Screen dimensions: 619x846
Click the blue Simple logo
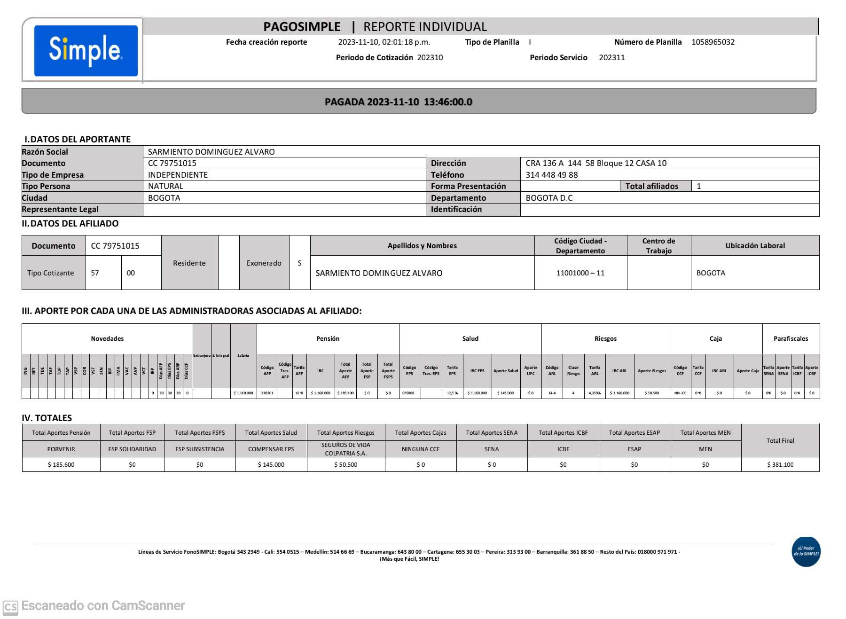click(86, 50)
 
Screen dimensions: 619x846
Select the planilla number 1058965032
click(713, 42)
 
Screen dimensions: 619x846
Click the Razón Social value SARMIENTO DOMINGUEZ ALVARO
click(211, 152)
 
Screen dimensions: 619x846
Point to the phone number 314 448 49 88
click(551, 175)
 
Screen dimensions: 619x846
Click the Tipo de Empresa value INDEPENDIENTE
click(178, 175)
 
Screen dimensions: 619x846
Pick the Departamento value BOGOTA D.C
click(548, 198)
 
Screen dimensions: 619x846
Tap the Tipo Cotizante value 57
click(95, 273)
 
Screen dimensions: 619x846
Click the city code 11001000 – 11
click(580, 273)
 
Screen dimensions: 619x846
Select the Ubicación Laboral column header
click(754, 245)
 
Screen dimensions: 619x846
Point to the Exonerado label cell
click(264, 263)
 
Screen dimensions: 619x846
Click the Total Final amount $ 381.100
click(780, 464)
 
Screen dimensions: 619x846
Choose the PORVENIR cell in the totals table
click(61, 449)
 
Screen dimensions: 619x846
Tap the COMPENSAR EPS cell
click(271, 449)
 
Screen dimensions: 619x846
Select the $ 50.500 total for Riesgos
click(345, 464)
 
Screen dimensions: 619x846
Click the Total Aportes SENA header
click(491, 432)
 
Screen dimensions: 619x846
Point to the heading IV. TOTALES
click(47, 418)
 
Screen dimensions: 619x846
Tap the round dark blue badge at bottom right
click(806, 551)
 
